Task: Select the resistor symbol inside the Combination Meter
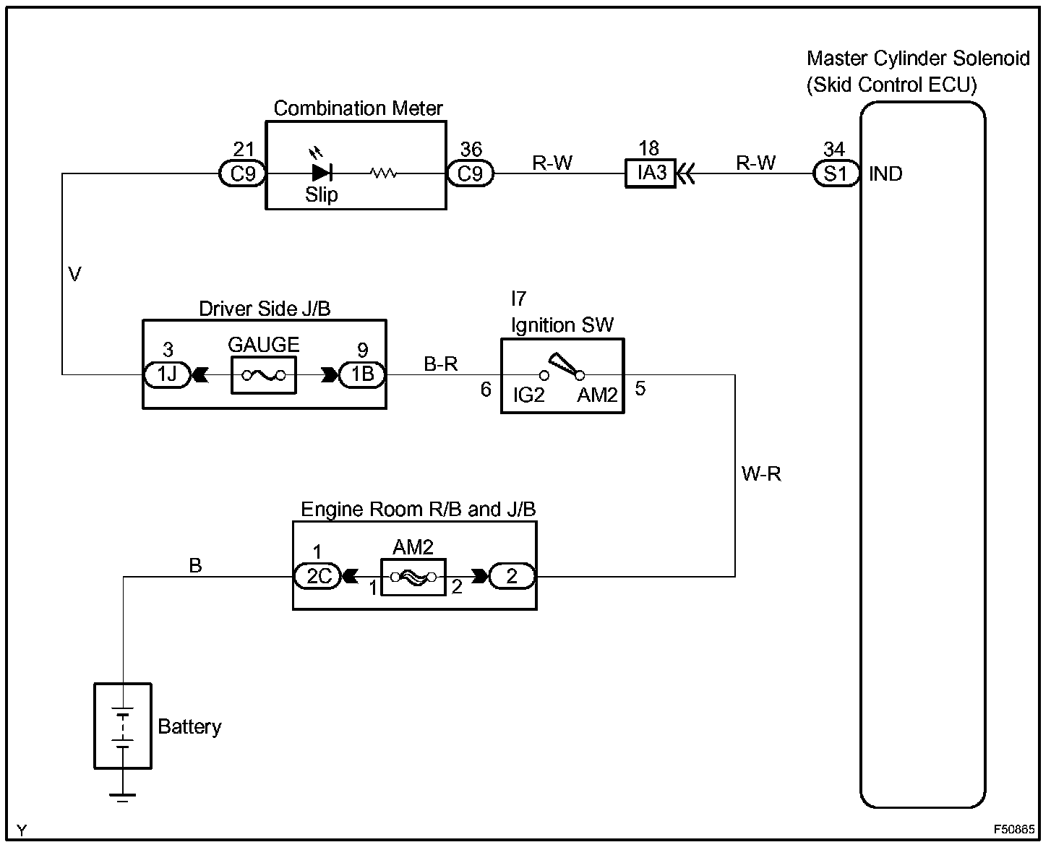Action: [x=383, y=173]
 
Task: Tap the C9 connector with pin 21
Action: [x=242, y=174]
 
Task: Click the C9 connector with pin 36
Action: [x=470, y=174]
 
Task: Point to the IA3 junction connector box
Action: [x=650, y=174]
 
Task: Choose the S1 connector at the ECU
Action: [x=836, y=174]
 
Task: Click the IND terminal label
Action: [x=885, y=174]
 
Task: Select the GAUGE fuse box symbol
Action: [x=263, y=375]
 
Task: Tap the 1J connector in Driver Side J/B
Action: [x=167, y=375]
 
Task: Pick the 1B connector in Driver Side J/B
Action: [x=362, y=375]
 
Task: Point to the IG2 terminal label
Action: [x=528, y=395]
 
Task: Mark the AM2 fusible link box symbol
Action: [x=413, y=577]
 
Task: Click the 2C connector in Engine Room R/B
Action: [x=317, y=577]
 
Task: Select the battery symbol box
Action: [x=123, y=726]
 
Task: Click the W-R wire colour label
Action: [x=761, y=474]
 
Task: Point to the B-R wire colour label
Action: [x=441, y=364]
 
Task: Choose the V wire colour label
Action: [x=74, y=274]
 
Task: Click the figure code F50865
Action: [x=1013, y=830]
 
